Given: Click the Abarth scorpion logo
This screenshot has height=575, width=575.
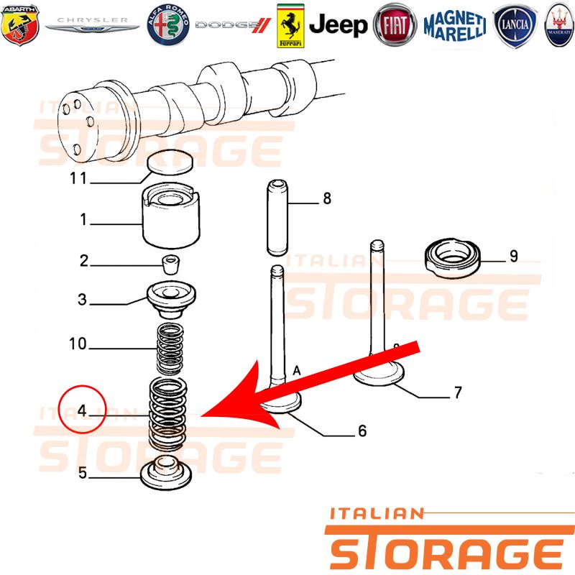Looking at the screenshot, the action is tap(20, 25).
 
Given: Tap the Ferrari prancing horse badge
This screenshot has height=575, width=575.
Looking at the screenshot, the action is tap(290, 26).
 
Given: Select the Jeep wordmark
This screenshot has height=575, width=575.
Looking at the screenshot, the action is tap(338, 25).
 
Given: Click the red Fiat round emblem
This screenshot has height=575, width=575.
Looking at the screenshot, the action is tap(395, 25).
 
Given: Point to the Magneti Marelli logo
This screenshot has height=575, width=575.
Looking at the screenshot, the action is tap(455, 26).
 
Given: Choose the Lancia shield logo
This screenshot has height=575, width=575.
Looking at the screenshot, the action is tap(515, 26).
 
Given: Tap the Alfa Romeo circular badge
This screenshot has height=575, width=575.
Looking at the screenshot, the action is tap(168, 25).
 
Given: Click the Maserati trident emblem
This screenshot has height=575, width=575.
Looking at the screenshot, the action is tap(559, 25).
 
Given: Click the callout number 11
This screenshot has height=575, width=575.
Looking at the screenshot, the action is tap(78, 178).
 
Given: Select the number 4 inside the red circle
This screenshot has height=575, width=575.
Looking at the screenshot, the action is tap(82, 410).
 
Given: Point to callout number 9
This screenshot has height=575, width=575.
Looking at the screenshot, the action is tap(514, 256).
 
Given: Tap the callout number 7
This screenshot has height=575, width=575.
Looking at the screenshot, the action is tap(458, 392).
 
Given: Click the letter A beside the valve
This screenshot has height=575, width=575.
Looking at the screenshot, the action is tap(296, 371).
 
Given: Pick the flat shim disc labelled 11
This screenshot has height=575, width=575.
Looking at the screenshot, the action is tap(170, 162).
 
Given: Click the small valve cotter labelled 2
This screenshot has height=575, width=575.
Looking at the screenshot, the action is tap(171, 264).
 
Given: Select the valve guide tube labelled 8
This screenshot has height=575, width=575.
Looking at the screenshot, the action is tap(277, 218).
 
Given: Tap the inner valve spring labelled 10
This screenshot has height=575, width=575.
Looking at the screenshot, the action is tap(170, 350).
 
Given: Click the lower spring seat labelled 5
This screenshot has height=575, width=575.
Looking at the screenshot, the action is tap(166, 473).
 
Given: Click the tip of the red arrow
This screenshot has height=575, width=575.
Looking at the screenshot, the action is tap(201, 416).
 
